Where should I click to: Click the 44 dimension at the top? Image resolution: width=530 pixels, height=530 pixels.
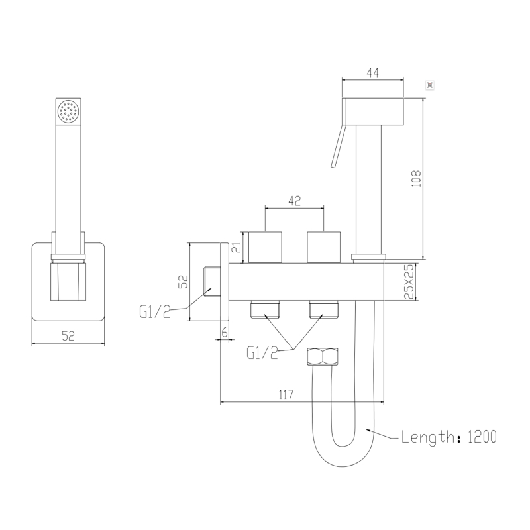(x=372, y=74)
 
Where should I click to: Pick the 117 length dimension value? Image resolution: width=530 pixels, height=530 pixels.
(x=286, y=395)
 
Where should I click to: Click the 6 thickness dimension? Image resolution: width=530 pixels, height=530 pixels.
(x=225, y=333)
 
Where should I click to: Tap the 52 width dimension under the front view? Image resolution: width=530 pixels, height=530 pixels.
(x=68, y=336)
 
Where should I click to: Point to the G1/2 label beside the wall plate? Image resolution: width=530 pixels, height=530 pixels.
(x=154, y=311)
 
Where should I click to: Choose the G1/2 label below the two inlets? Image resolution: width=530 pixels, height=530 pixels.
(x=262, y=354)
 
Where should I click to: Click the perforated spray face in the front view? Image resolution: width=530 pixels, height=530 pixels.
(x=68, y=112)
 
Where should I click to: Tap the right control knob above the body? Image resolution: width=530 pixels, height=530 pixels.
(x=324, y=247)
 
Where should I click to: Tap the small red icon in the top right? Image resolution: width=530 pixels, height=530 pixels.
(x=429, y=85)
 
